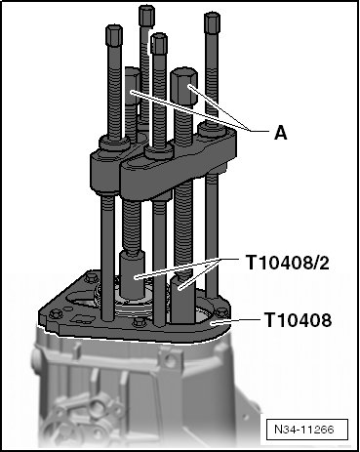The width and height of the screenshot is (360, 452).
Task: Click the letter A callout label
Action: click(281, 133)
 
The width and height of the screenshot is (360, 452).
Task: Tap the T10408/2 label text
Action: click(288, 263)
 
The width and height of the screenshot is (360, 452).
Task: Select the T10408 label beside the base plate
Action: click(298, 319)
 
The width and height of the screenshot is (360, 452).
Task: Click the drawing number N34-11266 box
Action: click(304, 430)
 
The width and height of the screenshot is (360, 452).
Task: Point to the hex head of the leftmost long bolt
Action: click(114, 35)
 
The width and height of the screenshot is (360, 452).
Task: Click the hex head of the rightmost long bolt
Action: click(213, 22)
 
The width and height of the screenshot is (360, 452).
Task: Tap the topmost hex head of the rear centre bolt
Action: click(146, 16)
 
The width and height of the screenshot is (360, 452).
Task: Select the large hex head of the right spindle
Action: click(183, 86)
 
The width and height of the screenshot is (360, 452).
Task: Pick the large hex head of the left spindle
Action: click(132, 85)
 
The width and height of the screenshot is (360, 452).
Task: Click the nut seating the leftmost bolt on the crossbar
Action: click(114, 144)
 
